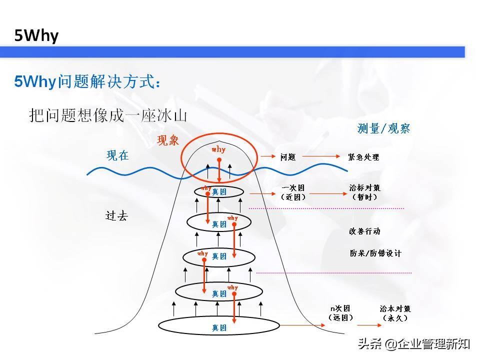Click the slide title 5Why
pos(36,35)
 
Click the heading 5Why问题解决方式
pos(87,81)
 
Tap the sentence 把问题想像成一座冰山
pos(107,116)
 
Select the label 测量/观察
pos(383,128)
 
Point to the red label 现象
pos(168,140)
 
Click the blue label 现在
pos(117,155)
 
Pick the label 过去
pos(116,216)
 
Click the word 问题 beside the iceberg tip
pos(288,157)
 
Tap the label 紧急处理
pos(363,157)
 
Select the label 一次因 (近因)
pos(293,192)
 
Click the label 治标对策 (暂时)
pos(364,192)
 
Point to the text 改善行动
pos(364,231)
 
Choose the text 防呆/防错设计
pos(375,253)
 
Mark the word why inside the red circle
pos(218,149)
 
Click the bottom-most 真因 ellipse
pos(219,327)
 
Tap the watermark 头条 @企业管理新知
pos(413,343)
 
